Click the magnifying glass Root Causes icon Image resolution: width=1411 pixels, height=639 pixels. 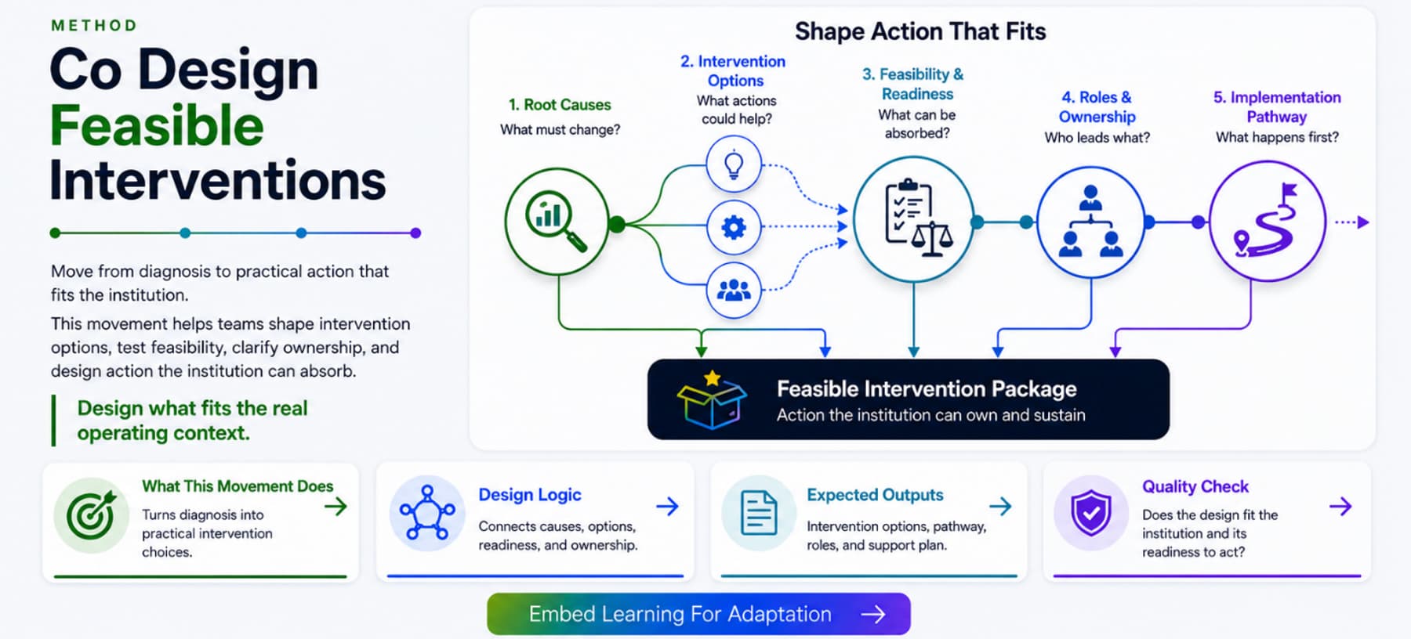tap(557, 222)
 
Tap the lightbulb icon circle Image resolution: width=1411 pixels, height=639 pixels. tap(734, 164)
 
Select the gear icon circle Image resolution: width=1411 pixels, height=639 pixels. tap(734, 228)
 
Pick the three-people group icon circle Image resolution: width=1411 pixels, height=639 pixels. tap(734, 291)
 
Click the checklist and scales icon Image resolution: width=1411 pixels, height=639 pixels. tap(914, 219)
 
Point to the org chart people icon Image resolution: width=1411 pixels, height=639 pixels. tap(1091, 222)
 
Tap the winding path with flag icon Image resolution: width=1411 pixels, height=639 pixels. tap(1268, 221)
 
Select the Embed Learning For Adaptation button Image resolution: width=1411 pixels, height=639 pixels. tap(698, 614)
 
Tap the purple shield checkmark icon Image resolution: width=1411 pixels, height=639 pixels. tap(1090, 514)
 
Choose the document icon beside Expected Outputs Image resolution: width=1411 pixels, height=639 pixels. tap(759, 514)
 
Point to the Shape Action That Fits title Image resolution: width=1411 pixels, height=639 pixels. tap(920, 31)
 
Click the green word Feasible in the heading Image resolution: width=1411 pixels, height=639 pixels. tap(157, 125)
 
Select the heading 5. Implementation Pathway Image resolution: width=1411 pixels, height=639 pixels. tap(1277, 106)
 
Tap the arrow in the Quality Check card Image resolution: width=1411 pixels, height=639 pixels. tap(1340, 507)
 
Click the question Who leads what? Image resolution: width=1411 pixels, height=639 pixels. tap(1097, 138)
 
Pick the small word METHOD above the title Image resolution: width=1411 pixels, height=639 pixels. tap(94, 26)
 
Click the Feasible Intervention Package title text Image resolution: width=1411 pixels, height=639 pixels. tap(927, 389)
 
